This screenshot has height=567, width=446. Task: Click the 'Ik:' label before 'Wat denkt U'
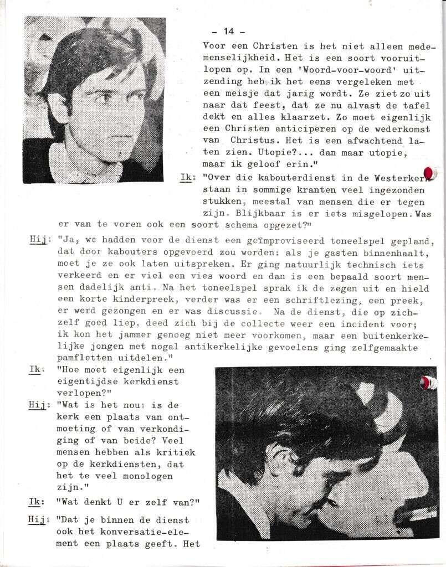[x=37, y=502]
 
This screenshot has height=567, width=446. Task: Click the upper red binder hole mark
[x=428, y=174]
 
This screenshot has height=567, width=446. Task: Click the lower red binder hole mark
[x=427, y=382]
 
